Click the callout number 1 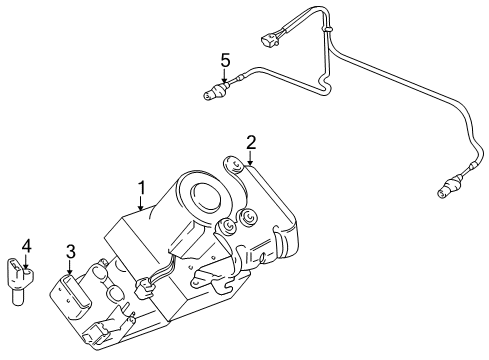tap(142, 186)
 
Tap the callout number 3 tap(70, 251)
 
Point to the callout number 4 tap(27, 244)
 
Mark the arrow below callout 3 tap(70, 267)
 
